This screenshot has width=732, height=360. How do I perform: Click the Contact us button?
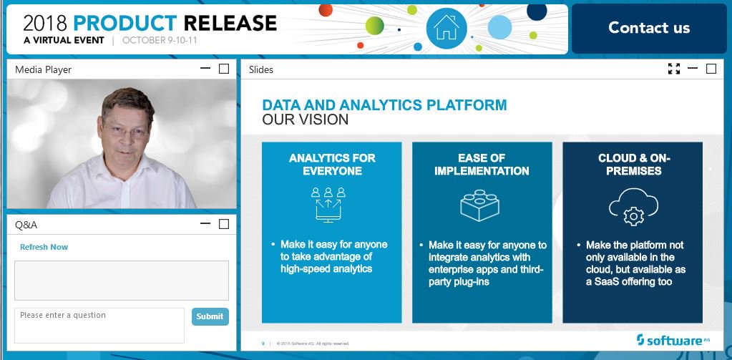(x=649, y=29)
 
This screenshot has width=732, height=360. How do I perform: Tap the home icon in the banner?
(x=446, y=29)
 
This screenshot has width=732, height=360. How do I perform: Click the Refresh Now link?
(x=44, y=247)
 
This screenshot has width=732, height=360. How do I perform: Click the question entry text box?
(x=99, y=325)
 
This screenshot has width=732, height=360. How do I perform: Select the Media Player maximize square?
(x=224, y=69)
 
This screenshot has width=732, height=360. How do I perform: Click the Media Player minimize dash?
(x=205, y=69)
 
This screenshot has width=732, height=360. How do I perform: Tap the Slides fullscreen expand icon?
(x=673, y=69)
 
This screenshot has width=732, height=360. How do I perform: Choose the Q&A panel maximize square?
(x=224, y=224)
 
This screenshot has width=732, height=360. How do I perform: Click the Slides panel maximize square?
(x=711, y=69)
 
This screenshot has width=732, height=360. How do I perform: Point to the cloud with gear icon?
(x=633, y=207)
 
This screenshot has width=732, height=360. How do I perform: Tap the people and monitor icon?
(x=328, y=204)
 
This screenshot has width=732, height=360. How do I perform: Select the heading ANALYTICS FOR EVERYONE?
(x=332, y=165)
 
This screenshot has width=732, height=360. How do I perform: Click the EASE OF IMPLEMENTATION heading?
(x=482, y=165)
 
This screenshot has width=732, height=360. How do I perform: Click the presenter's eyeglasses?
(x=125, y=131)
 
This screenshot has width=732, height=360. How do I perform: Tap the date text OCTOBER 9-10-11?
(x=160, y=40)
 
